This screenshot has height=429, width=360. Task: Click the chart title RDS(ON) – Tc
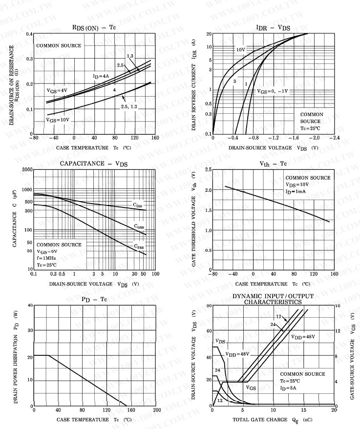[x=94, y=27]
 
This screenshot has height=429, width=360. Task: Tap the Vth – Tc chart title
[x=273, y=163]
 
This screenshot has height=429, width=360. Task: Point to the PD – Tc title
[x=94, y=299]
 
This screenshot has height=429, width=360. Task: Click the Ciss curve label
[x=138, y=205]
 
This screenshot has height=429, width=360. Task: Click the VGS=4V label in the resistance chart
[x=57, y=91]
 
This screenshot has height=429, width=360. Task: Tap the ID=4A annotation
[x=101, y=76]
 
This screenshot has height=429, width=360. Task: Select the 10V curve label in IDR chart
[x=240, y=50]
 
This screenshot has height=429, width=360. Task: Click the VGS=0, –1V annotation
[x=273, y=91]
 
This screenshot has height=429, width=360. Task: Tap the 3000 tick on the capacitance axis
[x=26, y=169]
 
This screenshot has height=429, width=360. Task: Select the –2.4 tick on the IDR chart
[x=334, y=138]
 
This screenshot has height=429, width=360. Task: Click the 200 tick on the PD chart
[x=156, y=410]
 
